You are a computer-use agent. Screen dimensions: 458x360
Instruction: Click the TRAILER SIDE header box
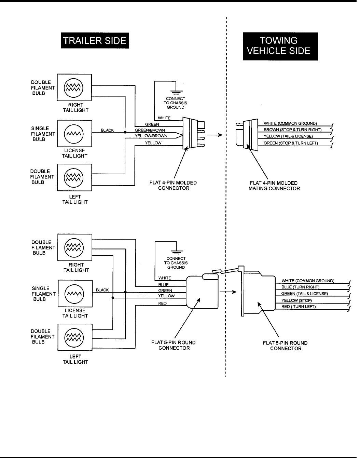tap(95, 41)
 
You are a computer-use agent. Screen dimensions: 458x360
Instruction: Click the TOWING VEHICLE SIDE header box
tap(280, 46)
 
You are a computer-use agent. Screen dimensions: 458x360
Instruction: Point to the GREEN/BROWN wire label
tap(150, 130)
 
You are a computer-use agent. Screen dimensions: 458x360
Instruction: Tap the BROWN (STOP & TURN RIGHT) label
tap(292, 130)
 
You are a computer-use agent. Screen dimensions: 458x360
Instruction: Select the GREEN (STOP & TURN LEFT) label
tap(291, 143)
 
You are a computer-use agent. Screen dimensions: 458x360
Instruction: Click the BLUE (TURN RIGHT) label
tap(300, 287)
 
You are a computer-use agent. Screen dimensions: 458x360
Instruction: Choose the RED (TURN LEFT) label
tap(298, 307)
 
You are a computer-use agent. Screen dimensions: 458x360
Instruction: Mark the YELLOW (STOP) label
tap(296, 300)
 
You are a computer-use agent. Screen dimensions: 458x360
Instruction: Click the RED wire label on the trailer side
tap(163, 303)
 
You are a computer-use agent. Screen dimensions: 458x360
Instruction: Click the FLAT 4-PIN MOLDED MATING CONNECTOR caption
tap(274, 186)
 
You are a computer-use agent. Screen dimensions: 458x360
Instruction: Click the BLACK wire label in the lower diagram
tap(102, 290)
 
